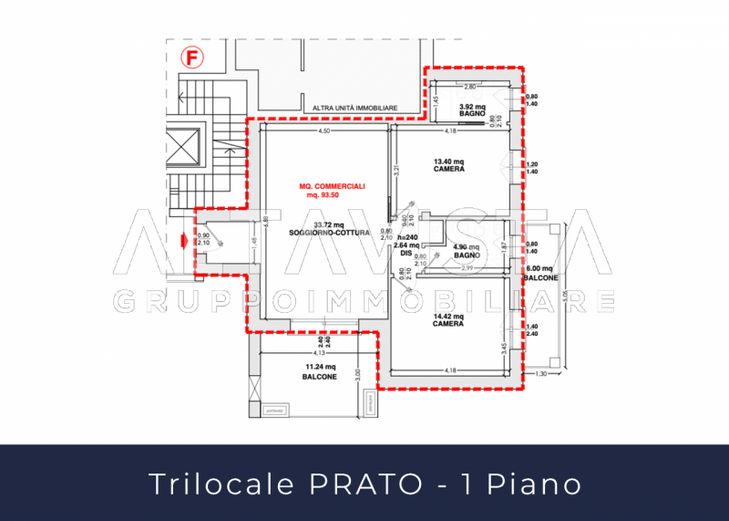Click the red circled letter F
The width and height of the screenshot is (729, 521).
(192, 59)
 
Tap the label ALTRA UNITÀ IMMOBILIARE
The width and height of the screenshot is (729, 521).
(354, 108)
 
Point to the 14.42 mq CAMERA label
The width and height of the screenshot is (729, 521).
(447, 319)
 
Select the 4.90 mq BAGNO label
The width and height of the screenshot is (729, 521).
(467, 251)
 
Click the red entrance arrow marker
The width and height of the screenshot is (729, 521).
(184, 241)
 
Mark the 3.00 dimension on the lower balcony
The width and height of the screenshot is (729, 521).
(359, 372)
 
